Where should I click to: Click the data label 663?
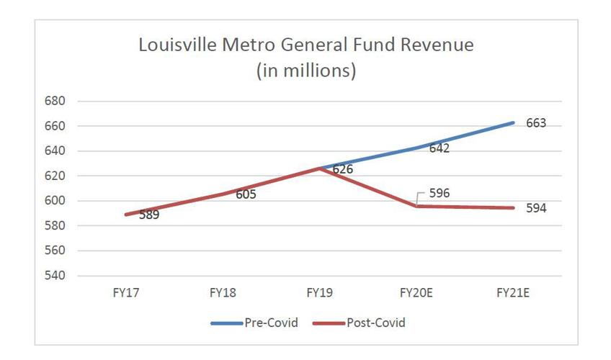point(536,123)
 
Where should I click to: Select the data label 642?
point(440,148)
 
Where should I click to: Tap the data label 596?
point(440,193)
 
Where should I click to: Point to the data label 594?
point(536,208)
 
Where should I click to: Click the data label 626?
point(343,170)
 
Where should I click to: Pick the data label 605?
point(246,194)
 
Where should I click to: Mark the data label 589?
point(149,215)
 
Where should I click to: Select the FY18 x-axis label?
point(222,293)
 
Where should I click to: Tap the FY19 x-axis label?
point(319,293)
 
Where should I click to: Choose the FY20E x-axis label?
point(416,293)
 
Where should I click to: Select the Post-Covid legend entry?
point(359,323)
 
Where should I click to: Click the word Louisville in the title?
point(176,45)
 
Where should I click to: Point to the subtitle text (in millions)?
point(306,72)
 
